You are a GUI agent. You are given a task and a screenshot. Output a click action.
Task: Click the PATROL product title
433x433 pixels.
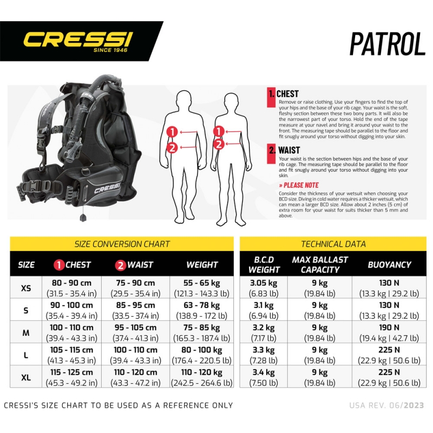[x=387, y=44]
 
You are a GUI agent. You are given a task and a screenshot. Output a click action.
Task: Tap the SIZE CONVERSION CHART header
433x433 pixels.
[x=122, y=244]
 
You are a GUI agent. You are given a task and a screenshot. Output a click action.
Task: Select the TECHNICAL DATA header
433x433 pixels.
[x=333, y=244]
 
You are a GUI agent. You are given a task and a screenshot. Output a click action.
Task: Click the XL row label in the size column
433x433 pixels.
[x=26, y=377]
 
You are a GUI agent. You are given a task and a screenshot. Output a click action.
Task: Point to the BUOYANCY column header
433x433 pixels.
[x=389, y=265]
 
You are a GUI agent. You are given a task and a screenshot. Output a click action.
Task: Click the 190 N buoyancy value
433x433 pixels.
[x=389, y=327]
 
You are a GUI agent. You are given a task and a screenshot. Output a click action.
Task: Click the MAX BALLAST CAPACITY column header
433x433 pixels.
[x=320, y=265]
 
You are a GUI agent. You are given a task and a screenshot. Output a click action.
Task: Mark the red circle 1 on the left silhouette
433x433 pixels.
[x=172, y=132]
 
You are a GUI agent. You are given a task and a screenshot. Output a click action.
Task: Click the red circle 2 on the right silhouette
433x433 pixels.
[x=219, y=144]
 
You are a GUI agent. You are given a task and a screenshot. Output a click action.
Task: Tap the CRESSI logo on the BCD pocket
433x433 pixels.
[x=107, y=188]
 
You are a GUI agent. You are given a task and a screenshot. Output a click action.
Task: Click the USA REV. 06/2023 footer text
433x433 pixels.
[x=386, y=405]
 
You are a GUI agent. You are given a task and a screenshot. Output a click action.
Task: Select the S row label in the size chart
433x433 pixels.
[x=26, y=310]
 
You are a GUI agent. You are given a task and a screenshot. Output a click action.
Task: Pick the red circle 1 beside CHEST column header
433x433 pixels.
[x=59, y=265]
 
